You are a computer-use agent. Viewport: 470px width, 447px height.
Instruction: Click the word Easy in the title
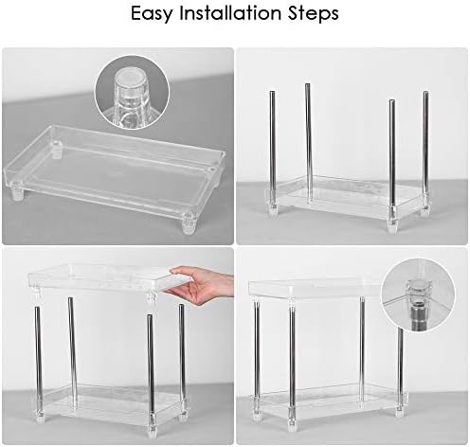click(x=152, y=14)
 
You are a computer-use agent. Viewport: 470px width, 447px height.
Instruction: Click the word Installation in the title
click(x=230, y=13)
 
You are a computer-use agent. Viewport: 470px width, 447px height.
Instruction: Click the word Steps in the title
click(x=313, y=14)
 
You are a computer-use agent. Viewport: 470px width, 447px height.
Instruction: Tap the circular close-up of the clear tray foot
click(x=132, y=93)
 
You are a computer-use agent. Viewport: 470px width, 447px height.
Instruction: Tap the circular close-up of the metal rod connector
click(x=418, y=295)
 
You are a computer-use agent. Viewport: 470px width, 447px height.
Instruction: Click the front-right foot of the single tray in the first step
click(x=189, y=223)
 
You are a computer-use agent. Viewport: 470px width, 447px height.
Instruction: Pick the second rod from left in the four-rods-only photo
click(x=308, y=142)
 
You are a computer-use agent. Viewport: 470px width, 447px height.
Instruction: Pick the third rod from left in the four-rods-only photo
click(x=392, y=157)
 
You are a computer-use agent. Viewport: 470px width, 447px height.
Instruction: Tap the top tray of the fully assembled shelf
click(x=316, y=289)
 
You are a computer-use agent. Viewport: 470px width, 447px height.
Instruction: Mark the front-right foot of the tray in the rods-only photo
click(x=392, y=224)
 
